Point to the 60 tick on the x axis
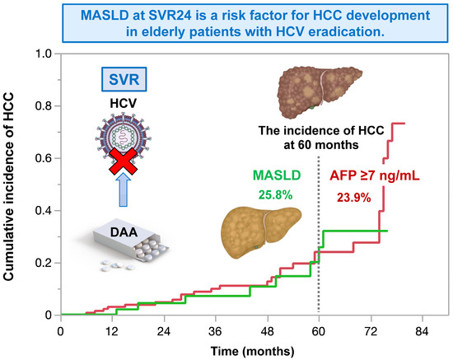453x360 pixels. [x=318, y=330]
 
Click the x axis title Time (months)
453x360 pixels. [x=250, y=349]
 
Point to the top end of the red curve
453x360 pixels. [x=404, y=124]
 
